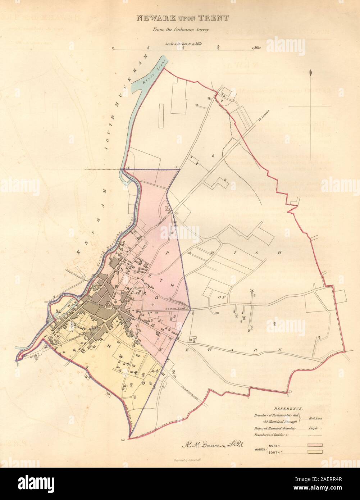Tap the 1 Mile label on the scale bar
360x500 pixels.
click(x=256, y=47)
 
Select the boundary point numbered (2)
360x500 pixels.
click(x=177, y=167)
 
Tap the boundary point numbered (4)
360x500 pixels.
click(x=192, y=313)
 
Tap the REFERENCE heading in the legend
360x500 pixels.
click(x=289, y=409)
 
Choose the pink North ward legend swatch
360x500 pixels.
click(x=314, y=445)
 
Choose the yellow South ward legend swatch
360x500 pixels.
click(x=314, y=452)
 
